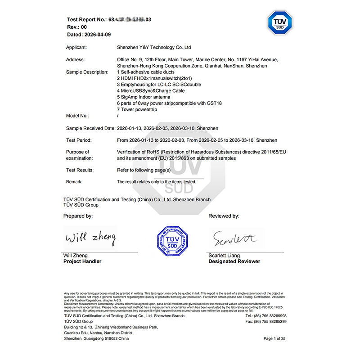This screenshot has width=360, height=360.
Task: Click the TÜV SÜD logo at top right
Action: pos(280,23)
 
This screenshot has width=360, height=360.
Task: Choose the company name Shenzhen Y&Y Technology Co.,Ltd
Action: pos(154,47)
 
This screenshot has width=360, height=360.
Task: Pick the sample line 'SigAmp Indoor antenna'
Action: pos(144,97)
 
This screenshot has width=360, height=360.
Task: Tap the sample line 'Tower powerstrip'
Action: pos(139,110)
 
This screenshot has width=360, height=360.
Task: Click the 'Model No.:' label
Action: pos(77,116)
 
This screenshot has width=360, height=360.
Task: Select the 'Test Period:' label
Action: pos(80,140)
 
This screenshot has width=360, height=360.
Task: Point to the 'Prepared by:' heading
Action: pos(78,216)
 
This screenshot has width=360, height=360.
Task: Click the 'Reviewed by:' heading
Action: pos(224,216)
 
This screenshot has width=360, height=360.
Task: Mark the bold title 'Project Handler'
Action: pos(82,261)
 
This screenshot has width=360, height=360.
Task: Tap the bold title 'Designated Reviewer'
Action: pos(234,261)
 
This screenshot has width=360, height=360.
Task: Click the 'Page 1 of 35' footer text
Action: pos(274,338)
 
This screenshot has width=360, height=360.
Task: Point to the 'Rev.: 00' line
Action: pos(77,27)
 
